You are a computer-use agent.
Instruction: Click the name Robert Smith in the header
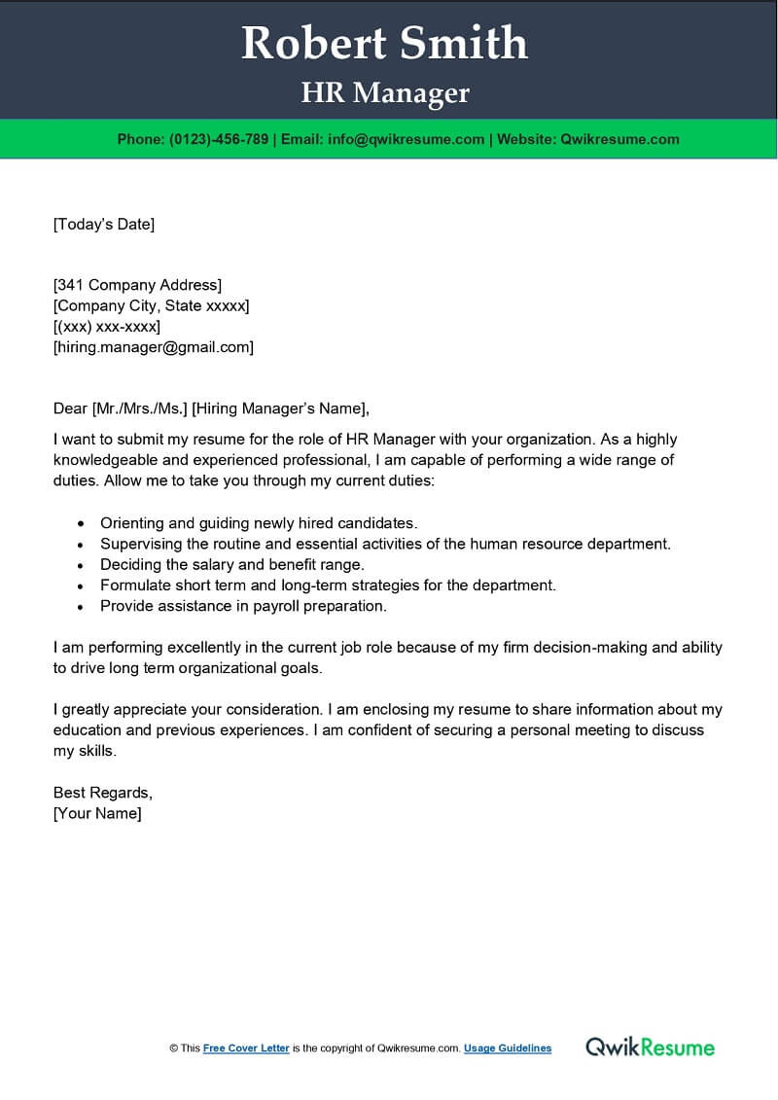click(384, 44)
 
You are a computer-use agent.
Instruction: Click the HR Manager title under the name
click(385, 93)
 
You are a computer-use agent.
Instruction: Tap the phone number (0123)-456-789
click(219, 139)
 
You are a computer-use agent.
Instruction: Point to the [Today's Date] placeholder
click(104, 225)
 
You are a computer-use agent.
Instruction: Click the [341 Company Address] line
click(137, 285)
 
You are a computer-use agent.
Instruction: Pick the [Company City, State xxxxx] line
click(151, 305)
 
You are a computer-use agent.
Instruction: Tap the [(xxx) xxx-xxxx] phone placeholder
click(107, 326)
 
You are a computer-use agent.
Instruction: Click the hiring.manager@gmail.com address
click(154, 347)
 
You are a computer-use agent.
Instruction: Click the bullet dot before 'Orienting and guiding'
click(80, 524)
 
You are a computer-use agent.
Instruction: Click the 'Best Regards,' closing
click(102, 793)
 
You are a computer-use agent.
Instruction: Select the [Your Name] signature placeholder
click(97, 813)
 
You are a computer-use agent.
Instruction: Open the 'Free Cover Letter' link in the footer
click(246, 1048)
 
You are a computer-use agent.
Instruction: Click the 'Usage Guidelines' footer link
click(508, 1048)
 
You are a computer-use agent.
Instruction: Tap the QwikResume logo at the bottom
click(650, 1047)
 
